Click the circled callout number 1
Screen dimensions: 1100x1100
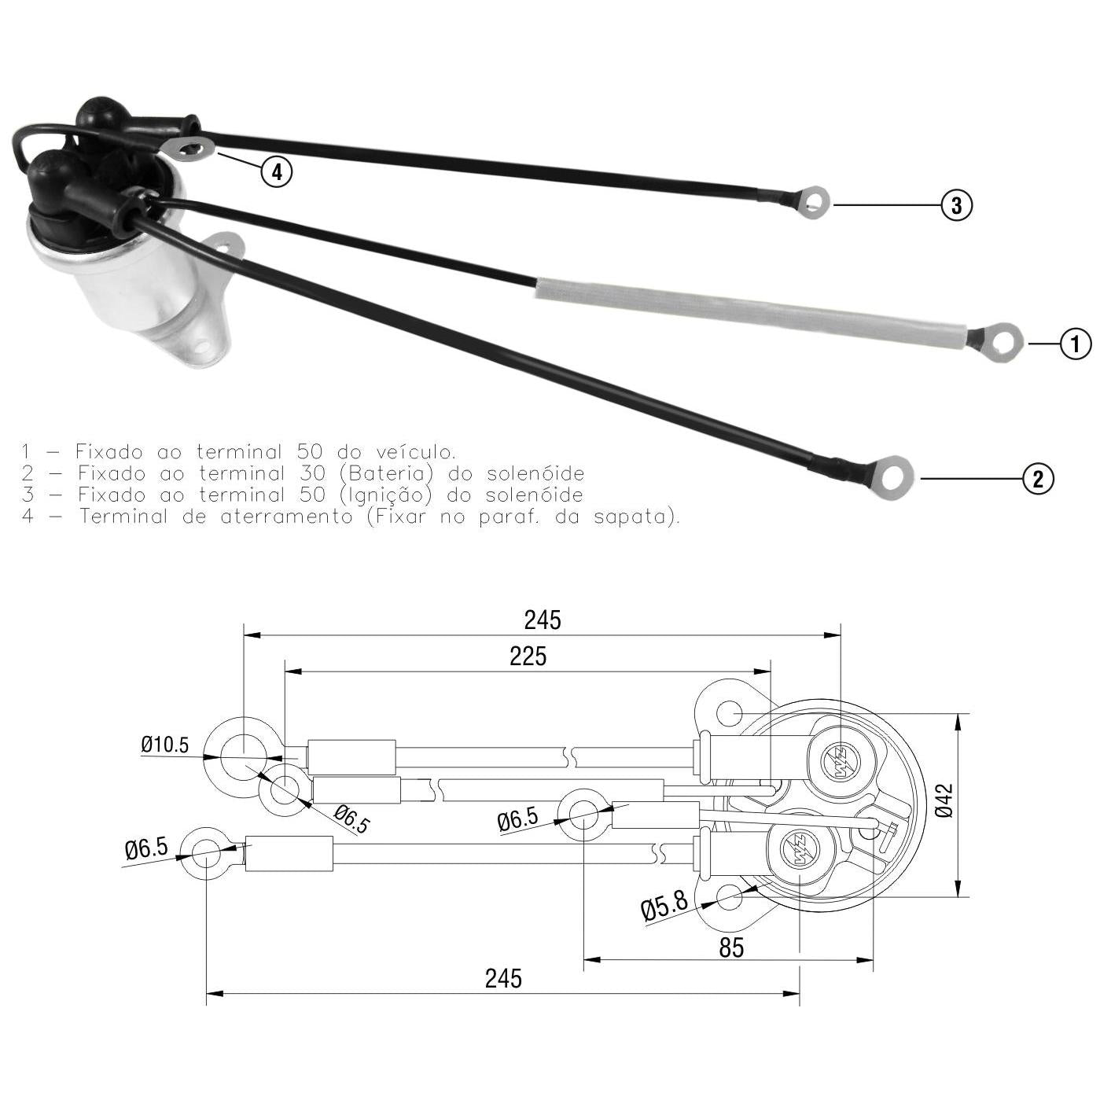[x=1076, y=344]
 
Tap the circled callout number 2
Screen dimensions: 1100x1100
[x=1038, y=478]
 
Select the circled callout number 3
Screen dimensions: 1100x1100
[x=957, y=205]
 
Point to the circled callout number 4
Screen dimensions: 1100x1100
[x=277, y=171]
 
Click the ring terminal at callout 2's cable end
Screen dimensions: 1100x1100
[x=891, y=477]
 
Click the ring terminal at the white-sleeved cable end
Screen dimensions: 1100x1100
[x=1003, y=342]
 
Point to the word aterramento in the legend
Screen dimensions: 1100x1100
[x=286, y=516]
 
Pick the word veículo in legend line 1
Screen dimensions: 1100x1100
[x=416, y=451]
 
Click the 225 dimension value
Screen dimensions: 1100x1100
[x=528, y=657]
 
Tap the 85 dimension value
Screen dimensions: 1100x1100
[x=731, y=947]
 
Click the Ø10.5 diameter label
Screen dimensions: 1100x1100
[x=165, y=745]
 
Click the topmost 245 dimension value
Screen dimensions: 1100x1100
[x=543, y=620]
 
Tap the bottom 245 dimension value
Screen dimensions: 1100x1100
[x=503, y=978]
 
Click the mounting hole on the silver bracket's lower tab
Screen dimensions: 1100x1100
[x=202, y=345]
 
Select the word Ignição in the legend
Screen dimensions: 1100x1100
[x=386, y=495]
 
